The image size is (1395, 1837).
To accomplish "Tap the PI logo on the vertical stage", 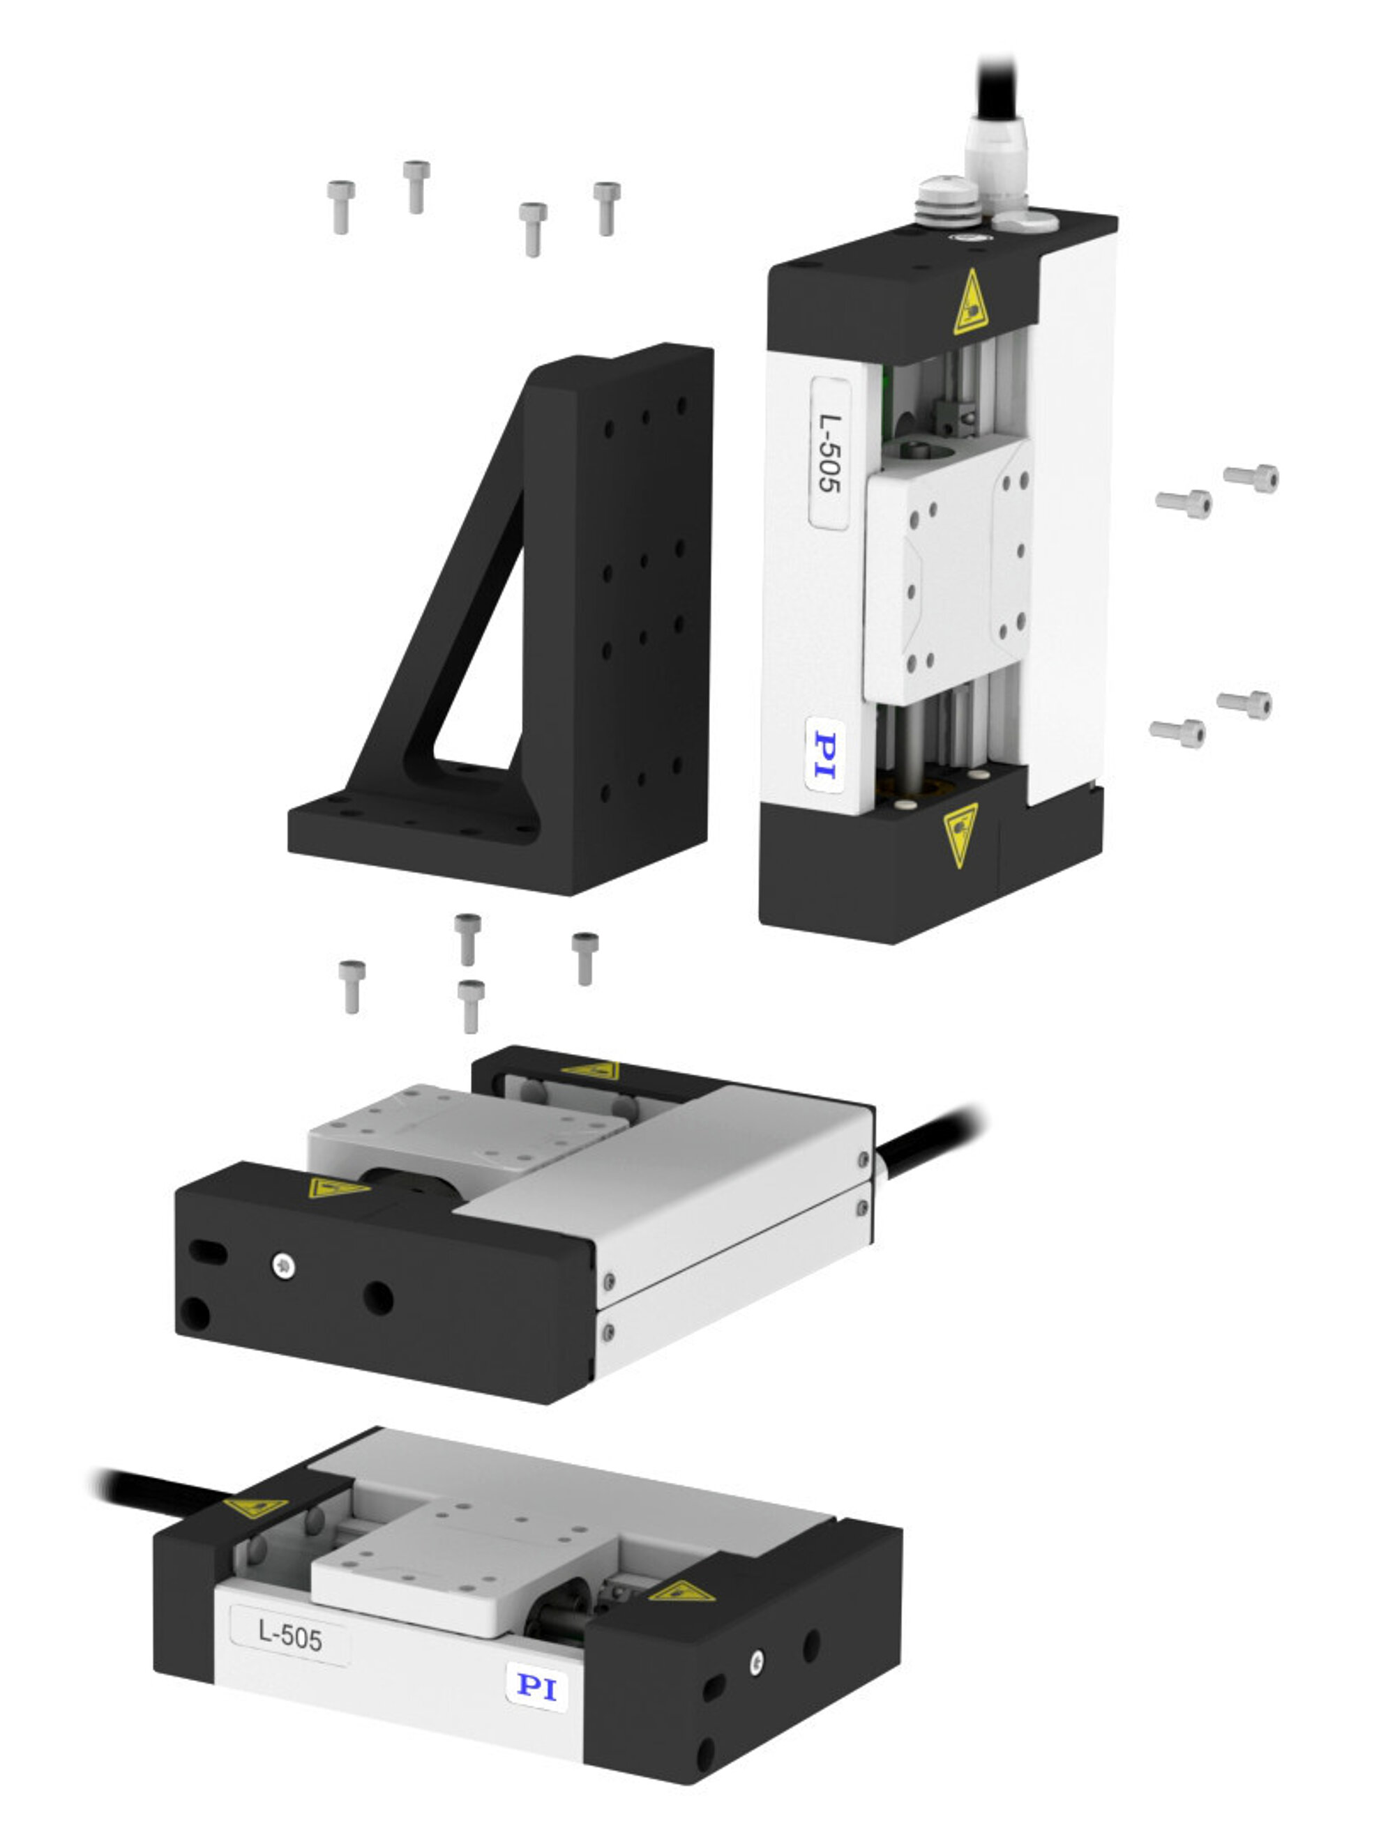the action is pyautogui.click(x=825, y=755).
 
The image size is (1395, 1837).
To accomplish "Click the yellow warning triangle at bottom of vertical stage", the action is pyautogui.click(x=961, y=833).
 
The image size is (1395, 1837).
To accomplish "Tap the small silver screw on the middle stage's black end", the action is pyautogui.click(x=283, y=1265).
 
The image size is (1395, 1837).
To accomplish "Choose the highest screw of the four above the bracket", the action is pyautogui.click(x=416, y=186).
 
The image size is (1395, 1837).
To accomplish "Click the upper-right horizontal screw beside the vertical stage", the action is pyautogui.click(x=1251, y=478).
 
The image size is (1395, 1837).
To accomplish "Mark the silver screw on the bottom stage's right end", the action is pyautogui.click(x=756, y=1662).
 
